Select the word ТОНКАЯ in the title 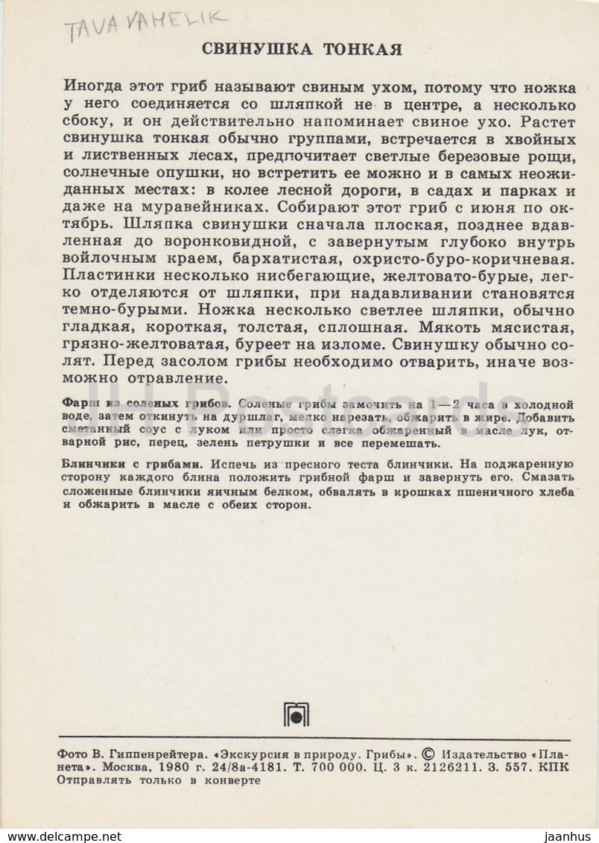(x=363, y=50)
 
